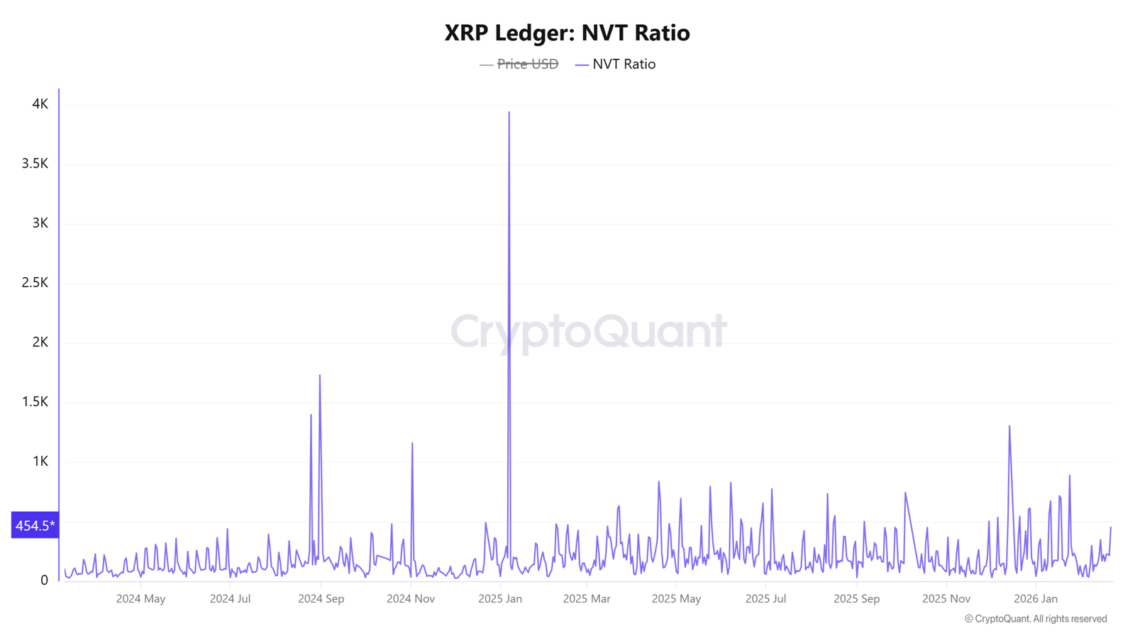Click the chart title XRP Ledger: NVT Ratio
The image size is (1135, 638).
[567, 33]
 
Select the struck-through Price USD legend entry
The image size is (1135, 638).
[527, 64]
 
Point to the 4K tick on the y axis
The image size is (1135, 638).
[40, 104]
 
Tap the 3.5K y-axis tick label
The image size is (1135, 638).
[35, 164]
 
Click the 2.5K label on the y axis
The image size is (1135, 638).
[35, 283]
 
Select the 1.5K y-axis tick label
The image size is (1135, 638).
[35, 402]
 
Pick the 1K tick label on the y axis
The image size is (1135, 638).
[40, 461]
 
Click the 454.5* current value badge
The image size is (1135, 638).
[35, 525]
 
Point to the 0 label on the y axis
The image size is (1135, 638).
[44, 581]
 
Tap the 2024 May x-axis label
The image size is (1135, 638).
[140, 599]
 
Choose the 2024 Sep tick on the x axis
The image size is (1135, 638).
[321, 599]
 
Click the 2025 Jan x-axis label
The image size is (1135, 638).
[500, 599]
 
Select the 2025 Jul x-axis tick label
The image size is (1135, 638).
[765, 599]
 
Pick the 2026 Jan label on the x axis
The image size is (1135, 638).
[1036, 599]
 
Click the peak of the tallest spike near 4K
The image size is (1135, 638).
[509, 112]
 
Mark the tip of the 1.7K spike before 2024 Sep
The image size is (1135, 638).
[320, 376]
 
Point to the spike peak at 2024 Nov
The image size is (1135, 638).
[412, 444]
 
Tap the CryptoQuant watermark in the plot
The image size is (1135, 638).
[588, 331]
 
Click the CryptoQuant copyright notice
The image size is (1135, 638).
[1036, 619]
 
